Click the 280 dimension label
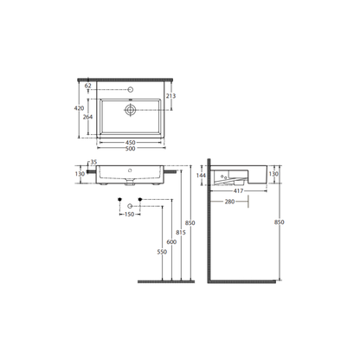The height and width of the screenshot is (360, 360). (x=229, y=202)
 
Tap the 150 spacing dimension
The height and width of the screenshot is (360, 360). (x=129, y=214)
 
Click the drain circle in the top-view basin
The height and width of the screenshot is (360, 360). (x=129, y=110)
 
